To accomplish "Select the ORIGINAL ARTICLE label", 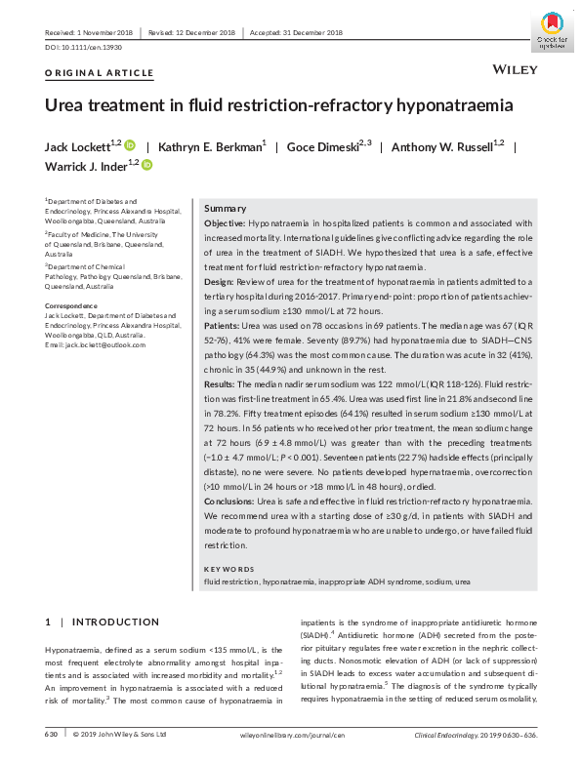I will pyautogui.click(x=100, y=73).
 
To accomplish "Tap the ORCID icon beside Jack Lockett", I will pyautogui.click(x=130, y=145).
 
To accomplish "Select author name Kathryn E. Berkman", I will pyautogui.click(x=223, y=147).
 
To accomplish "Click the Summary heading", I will pyautogui.click(x=225, y=209).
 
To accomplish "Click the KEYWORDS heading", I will pyautogui.click(x=228, y=569).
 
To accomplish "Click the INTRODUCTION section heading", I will pyautogui.click(x=109, y=622).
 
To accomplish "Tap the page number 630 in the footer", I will pyautogui.click(x=53, y=733).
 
